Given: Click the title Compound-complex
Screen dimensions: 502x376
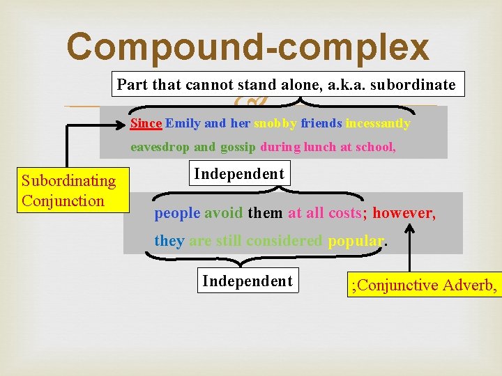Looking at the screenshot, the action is coord(248,47).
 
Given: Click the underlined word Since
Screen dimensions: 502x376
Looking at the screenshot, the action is coord(146,123).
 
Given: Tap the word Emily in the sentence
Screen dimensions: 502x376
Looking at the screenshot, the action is coord(182,123).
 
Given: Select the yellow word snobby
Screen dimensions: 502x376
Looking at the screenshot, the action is coord(275,123).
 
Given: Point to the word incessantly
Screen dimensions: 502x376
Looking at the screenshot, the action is coord(378,123).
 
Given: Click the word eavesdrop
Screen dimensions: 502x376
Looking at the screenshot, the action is coord(160,147).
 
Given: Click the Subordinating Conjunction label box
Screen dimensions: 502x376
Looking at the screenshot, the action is coord(68,191).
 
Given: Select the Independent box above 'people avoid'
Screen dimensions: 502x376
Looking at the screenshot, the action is coord(239,173).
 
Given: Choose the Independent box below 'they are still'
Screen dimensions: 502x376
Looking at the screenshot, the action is coord(248,281).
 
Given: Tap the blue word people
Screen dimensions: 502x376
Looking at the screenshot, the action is coord(177,213).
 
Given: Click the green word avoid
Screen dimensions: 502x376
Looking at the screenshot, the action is coord(224,213).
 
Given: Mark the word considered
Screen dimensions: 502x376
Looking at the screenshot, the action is coord(287,241).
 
